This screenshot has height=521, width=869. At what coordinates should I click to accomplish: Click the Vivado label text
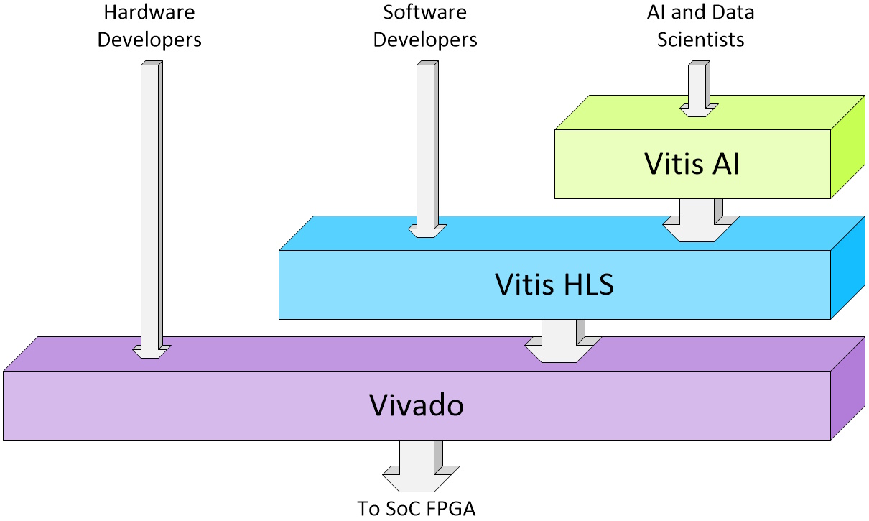pos(417,405)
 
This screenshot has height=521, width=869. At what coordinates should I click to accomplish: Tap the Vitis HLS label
pos(554,285)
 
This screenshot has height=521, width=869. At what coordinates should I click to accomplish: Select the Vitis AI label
pos(692,164)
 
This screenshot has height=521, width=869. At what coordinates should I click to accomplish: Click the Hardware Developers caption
pos(149,26)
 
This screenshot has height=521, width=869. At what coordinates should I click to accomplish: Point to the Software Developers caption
pos(425,26)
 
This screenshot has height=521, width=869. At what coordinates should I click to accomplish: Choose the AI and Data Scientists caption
pos(701,26)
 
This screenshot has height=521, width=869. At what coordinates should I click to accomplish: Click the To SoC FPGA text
pos(417,508)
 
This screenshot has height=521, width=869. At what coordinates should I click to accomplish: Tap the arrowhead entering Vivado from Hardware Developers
pos(152,351)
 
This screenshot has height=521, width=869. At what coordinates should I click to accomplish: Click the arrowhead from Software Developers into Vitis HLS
pos(427,231)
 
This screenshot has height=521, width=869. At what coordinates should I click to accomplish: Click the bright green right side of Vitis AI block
pos(847,147)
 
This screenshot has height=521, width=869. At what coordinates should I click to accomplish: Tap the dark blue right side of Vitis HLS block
pos(847,268)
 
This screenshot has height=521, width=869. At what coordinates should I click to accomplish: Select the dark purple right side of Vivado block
pos(847,389)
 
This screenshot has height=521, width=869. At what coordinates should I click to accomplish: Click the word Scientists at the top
pos(701,39)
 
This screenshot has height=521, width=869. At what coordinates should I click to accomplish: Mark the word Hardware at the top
pos(149,13)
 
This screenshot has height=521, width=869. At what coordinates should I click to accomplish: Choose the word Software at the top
pos(425,13)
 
